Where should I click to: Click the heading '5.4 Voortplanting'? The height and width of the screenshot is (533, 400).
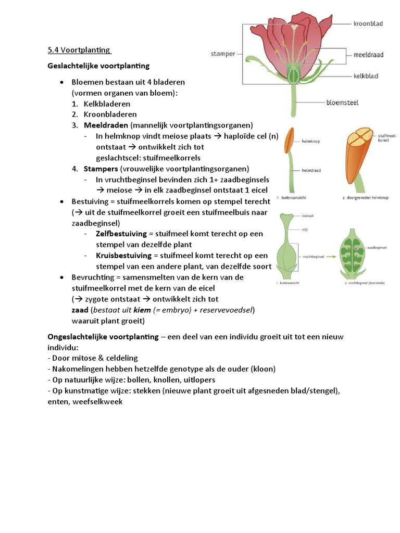tap(79, 50)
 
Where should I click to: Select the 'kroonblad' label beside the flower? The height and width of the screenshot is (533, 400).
tap(368, 23)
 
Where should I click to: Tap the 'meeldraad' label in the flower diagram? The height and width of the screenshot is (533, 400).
tap(369, 54)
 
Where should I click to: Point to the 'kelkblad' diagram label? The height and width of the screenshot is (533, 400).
tap(366, 76)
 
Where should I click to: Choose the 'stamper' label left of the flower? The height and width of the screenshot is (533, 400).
tap(223, 54)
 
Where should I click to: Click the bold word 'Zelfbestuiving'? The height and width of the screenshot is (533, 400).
tap(121, 234)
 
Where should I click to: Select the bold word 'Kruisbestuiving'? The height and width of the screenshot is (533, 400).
tap(123, 256)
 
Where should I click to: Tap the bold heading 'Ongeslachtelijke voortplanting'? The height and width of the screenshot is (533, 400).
tap(103, 337)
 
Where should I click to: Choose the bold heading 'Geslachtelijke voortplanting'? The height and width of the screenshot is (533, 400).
tap(98, 66)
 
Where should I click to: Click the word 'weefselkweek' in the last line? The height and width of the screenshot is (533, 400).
tap(99, 402)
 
